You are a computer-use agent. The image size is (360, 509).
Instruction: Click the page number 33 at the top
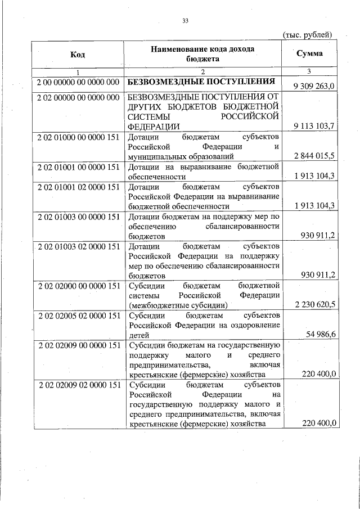pos(184,21)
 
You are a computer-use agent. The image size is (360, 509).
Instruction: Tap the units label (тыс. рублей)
pos(307,35)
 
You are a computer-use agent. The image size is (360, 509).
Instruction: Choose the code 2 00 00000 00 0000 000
pos(78,82)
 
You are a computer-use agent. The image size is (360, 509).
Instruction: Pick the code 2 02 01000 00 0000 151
pos(78,137)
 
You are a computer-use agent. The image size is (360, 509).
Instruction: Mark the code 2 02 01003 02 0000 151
pos(78,247)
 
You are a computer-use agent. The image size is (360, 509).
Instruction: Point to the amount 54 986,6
pos(321,335)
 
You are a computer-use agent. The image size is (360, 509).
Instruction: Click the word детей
pos(138,335)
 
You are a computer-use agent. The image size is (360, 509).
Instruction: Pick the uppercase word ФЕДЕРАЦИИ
pos(154,127)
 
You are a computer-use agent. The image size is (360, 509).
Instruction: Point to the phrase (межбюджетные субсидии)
pos(178,305)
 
